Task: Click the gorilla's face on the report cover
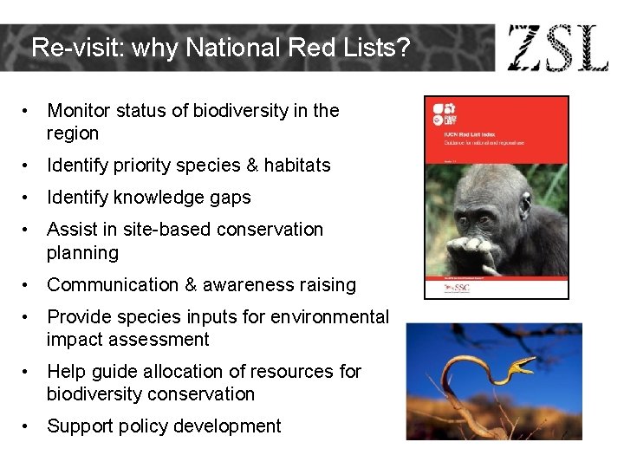485,217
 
